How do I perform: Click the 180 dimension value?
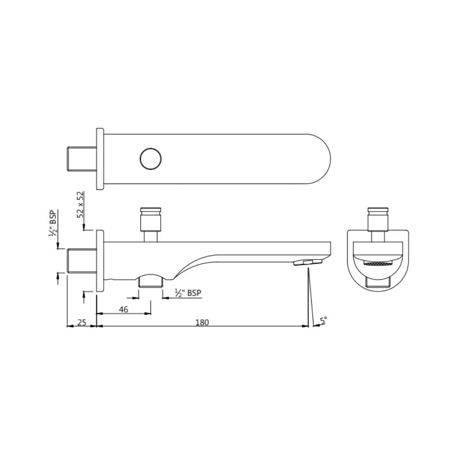[202, 322]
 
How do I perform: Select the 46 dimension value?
[123, 310]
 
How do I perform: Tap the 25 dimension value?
[82, 322]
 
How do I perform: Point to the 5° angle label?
[324, 321]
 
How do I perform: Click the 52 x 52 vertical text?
[80, 204]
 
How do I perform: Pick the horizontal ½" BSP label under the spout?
[188, 293]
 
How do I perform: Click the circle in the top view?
[151, 159]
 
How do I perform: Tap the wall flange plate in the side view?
[100, 261]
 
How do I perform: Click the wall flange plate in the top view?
[100, 159]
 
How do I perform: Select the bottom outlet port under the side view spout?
[151, 281]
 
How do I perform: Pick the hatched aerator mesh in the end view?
[377, 263]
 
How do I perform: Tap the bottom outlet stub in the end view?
[377, 283]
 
